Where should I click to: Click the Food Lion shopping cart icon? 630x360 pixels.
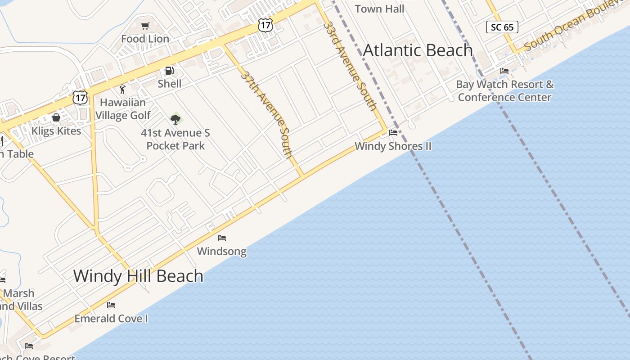tap(145, 26)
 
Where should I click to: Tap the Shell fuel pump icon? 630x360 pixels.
tap(169, 71)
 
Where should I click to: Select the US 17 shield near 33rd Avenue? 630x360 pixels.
tap(265, 25)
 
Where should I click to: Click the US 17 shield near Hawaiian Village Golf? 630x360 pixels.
tap(80, 97)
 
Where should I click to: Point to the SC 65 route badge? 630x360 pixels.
tap(502, 27)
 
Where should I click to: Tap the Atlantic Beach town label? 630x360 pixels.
tap(418, 50)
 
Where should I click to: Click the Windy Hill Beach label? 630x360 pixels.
tap(138, 276)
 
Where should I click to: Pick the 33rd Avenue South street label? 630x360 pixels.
tap(350, 65)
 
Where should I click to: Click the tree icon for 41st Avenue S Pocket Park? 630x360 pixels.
tap(175, 119)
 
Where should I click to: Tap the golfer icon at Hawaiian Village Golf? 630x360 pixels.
tap(122, 89)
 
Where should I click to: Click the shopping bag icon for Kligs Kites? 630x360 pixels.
tap(56, 118)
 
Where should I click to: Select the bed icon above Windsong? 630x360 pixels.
tap(222, 238)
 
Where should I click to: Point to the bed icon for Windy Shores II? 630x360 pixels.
tap(393, 133)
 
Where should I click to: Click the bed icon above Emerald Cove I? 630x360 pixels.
tap(111, 305)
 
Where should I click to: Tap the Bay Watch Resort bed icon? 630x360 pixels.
tap(504, 71)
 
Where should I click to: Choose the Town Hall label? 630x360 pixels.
tap(379, 9)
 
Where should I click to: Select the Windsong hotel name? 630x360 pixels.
tap(222, 251)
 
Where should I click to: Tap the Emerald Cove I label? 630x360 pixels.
tap(111, 319)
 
